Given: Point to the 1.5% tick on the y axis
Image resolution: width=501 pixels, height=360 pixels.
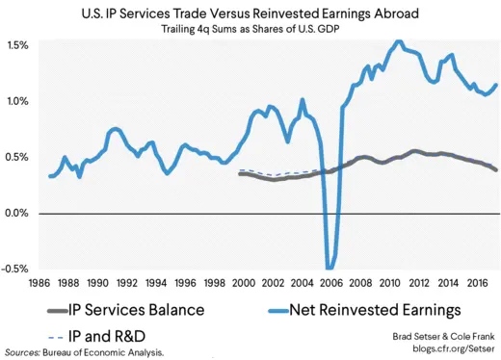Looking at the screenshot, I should pos(18,46).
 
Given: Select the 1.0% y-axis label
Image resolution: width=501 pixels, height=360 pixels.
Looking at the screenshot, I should pos(18,101).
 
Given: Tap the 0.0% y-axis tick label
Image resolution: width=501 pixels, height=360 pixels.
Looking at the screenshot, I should pos(18,213).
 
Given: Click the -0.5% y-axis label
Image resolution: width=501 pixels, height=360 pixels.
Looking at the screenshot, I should pos(16,269).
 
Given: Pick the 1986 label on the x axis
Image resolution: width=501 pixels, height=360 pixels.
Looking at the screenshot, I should pos(39,285).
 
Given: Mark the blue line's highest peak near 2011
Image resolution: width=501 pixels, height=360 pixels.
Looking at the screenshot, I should pos(398,41).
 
